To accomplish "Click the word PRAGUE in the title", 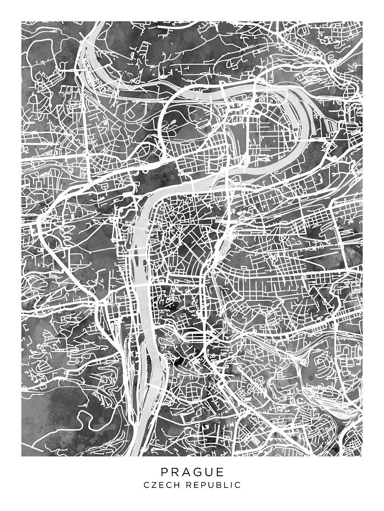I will click(192, 472).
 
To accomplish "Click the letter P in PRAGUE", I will click(164, 472).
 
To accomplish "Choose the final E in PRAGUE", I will click(220, 472).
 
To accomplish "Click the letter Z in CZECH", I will click(154, 485).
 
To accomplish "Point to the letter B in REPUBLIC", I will click(216, 485).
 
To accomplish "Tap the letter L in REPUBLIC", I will click(224, 485).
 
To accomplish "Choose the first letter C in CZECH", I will click(146, 485).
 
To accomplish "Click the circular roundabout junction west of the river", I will click(86, 154).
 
